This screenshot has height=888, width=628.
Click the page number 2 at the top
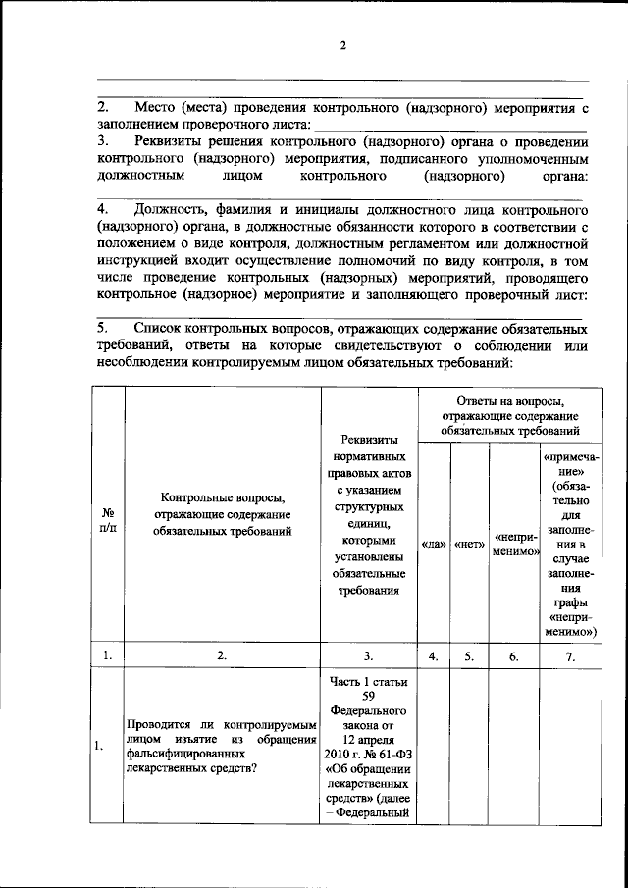tap(343, 46)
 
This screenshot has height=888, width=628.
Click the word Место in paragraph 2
tap(157, 106)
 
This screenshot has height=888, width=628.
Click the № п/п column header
tap(108, 520)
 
